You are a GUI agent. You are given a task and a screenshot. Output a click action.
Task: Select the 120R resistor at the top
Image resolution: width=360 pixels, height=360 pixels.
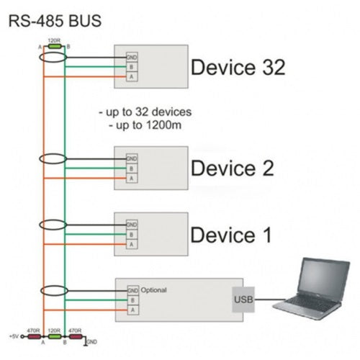(54, 46)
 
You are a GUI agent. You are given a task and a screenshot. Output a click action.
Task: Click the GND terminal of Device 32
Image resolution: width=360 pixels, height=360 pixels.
(132, 57)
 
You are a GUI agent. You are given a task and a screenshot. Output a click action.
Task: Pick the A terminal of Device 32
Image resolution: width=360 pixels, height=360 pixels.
(132, 76)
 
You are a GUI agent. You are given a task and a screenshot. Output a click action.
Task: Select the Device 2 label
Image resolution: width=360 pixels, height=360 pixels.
(232, 168)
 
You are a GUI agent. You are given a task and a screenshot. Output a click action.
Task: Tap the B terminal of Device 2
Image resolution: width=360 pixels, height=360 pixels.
(132, 168)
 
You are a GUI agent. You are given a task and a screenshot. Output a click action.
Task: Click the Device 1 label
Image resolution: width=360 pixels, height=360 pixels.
(231, 235)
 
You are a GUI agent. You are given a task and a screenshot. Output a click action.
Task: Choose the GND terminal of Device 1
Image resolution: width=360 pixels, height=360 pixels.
(132, 225)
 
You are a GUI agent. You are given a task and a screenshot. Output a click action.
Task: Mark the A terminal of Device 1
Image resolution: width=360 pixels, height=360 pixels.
(132, 244)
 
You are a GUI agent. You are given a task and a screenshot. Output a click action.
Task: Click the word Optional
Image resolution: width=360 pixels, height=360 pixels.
(154, 290)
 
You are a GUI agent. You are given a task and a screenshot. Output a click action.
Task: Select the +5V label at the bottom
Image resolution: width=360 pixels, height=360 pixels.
(14, 336)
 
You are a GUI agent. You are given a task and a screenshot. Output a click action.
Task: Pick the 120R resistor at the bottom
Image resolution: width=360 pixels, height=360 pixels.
(54, 336)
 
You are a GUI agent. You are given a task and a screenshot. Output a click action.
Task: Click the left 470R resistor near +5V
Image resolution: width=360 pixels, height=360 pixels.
(34, 336)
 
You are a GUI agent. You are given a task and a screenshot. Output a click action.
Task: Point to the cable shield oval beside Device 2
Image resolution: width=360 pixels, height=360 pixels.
(53, 159)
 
